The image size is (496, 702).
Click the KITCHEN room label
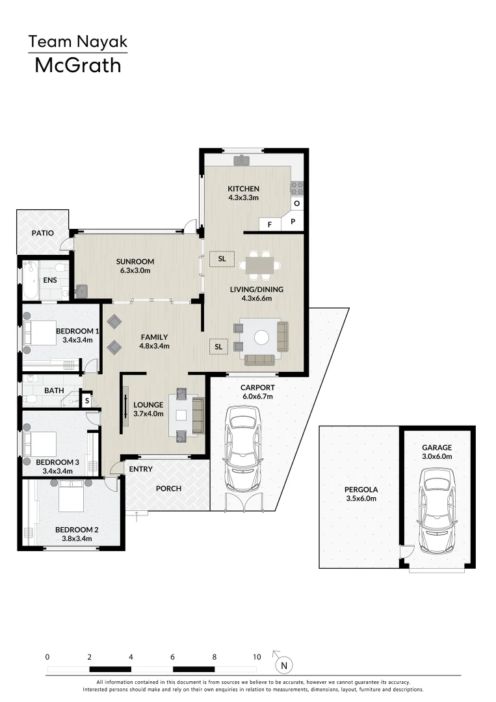click(243, 189)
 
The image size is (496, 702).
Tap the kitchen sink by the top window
click(242, 160)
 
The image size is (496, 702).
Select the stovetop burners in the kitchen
click(297, 188)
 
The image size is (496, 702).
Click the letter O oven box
click(297, 203)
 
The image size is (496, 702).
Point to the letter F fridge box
click(270, 224)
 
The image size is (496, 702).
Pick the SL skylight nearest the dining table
click(222, 259)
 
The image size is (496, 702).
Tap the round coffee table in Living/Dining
click(261, 337)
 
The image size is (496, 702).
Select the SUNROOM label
click(135, 261)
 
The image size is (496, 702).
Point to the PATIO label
click(42, 233)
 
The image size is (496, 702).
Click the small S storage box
click(87, 400)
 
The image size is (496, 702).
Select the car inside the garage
click(437, 510)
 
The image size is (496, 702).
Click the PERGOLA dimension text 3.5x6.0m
click(361, 499)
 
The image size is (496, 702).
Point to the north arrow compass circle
click(284, 666)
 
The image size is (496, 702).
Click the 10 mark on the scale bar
click(257, 656)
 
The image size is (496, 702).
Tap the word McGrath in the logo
click(78, 66)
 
